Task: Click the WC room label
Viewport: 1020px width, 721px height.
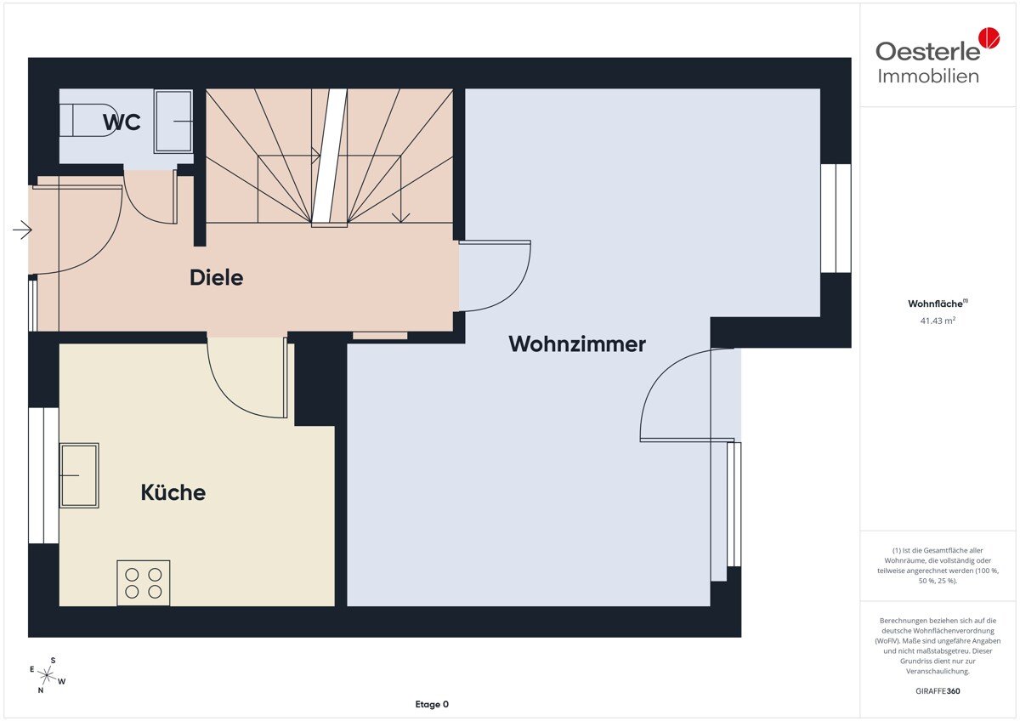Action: click(122, 122)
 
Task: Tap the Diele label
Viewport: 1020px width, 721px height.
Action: click(216, 277)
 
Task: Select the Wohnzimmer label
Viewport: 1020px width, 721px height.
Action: click(577, 343)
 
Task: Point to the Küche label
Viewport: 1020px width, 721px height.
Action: click(173, 492)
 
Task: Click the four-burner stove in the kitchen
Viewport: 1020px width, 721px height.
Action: click(144, 583)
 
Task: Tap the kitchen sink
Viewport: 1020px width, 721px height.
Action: click(79, 475)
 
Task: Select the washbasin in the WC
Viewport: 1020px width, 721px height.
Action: click(173, 121)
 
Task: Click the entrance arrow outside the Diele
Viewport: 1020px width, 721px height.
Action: click(22, 230)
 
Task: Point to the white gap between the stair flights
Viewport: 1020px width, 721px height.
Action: click(330, 157)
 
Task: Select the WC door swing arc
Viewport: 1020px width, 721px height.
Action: click(137, 205)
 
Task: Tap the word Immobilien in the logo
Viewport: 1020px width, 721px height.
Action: click(928, 77)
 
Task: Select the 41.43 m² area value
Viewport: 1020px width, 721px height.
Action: click(938, 321)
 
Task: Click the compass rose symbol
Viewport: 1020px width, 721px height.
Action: click(47, 675)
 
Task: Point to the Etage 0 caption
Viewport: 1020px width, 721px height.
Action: click(432, 704)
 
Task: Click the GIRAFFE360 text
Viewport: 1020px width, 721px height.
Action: click(938, 691)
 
